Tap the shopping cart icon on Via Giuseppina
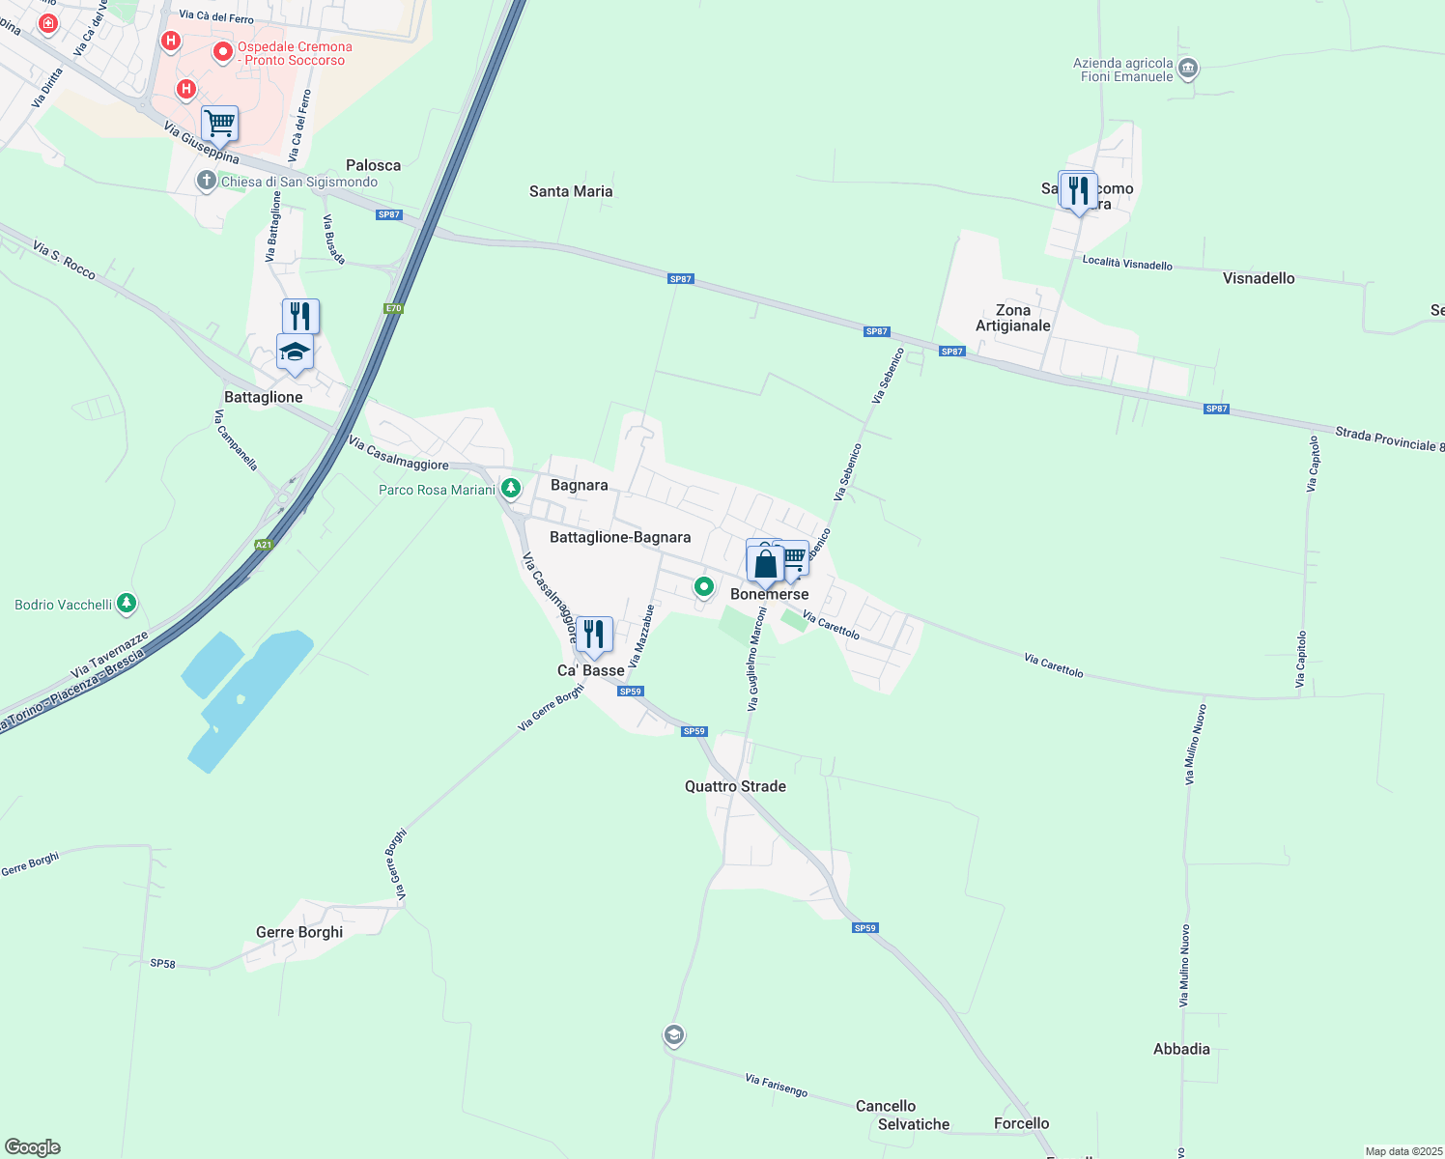(x=220, y=124)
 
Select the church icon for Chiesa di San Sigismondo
(x=206, y=181)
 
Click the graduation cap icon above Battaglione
(x=295, y=353)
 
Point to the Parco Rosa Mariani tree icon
(x=511, y=489)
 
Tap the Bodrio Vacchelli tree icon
(x=127, y=604)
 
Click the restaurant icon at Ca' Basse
(x=594, y=635)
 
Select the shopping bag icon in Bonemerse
(x=765, y=564)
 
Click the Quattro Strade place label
(x=735, y=786)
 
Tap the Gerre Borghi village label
(x=299, y=932)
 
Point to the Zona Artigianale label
(x=1012, y=318)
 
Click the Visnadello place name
(x=1259, y=278)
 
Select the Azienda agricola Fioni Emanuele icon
(x=1189, y=69)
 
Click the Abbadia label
(x=1181, y=1049)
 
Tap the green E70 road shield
(x=393, y=309)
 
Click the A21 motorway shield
(x=264, y=545)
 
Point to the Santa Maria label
(x=571, y=191)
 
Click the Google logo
(x=33, y=1146)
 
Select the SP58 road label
(x=163, y=963)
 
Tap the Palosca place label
(x=374, y=165)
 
